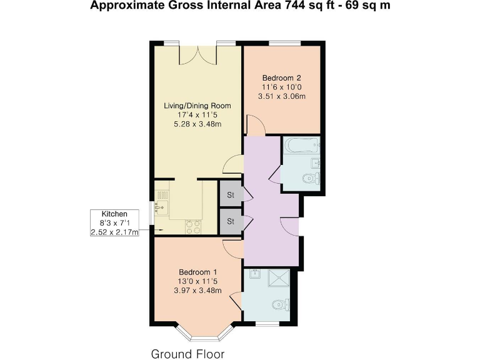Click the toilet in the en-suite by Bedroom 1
tap(281, 305)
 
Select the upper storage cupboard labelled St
tap(230, 195)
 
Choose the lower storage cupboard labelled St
tap(230, 221)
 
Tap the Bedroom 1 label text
tap(197, 272)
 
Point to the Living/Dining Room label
tap(197, 106)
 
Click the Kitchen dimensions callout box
tap(114, 223)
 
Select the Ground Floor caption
tap(187, 354)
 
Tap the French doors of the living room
tap(197, 55)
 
